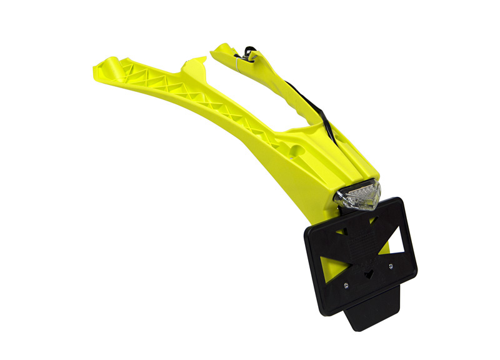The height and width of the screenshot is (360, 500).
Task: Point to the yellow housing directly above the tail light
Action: (x=356, y=169)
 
